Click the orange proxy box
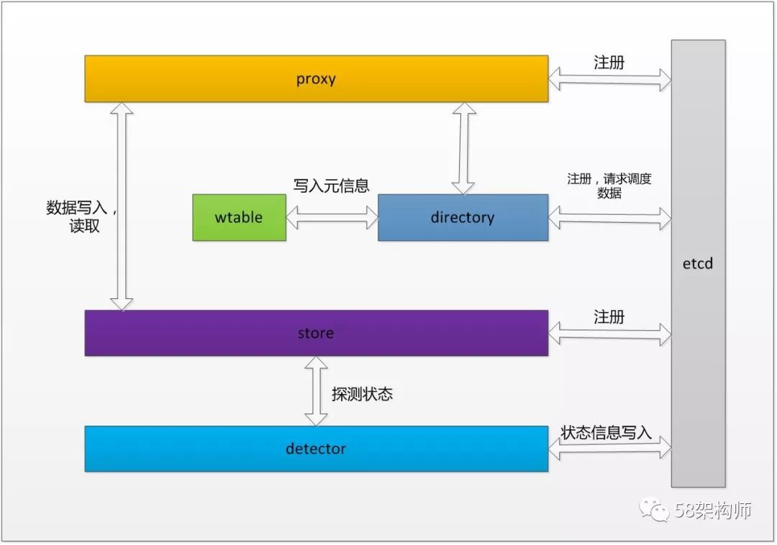click(x=316, y=78)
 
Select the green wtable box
click(x=239, y=217)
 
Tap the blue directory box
click(x=463, y=217)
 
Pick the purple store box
click(x=316, y=333)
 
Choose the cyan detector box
click(x=316, y=449)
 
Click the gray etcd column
click(x=698, y=263)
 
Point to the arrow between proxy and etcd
click(x=609, y=78)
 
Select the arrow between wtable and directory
click(x=332, y=217)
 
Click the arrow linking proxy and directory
click(x=463, y=148)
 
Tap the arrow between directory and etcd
click(x=609, y=217)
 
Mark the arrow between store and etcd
click(x=609, y=333)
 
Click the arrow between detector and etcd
click(x=609, y=449)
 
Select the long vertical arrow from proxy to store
click(x=122, y=206)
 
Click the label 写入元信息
click(x=331, y=186)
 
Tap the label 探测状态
click(x=362, y=394)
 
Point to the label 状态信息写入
click(x=606, y=432)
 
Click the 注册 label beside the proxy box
click(x=609, y=63)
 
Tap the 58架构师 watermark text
click(x=712, y=510)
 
